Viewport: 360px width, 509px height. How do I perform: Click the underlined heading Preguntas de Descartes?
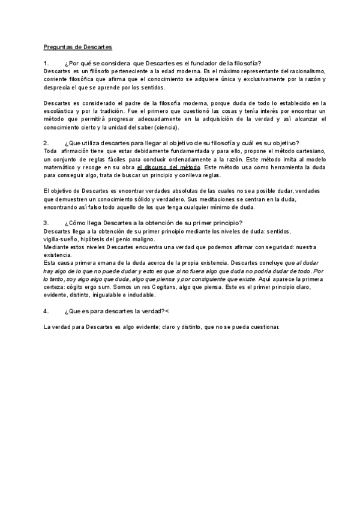point(78,47)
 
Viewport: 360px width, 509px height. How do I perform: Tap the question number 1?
point(46,64)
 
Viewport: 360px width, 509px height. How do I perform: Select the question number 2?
point(46,143)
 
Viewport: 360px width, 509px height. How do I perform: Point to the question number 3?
point(46,223)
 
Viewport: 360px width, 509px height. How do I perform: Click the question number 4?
point(46,311)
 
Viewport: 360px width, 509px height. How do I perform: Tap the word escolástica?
point(58,111)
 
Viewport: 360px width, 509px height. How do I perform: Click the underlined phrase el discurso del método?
point(169,167)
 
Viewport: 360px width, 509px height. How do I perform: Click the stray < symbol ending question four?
point(167,311)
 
